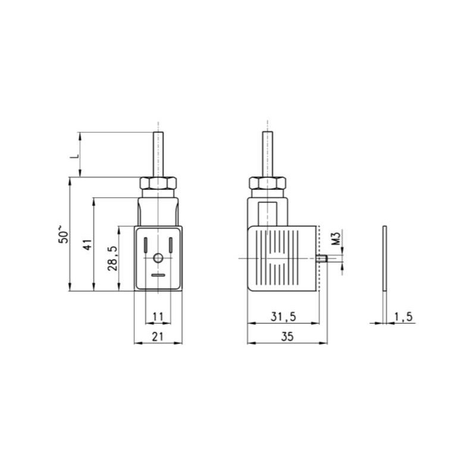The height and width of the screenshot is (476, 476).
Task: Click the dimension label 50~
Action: [x=64, y=234]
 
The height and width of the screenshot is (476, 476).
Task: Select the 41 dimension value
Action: [x=87, y=245]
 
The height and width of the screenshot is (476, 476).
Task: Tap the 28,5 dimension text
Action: [x=112, y=258]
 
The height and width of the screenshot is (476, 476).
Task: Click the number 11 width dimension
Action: [x=158, y=317]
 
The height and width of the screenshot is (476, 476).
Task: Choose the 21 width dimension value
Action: [x=158, y=337]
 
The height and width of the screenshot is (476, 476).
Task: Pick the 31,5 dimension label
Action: [x=283, y=317]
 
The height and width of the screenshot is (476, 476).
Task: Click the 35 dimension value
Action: [x=287, y=337]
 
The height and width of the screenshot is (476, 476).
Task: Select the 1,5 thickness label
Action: [x=403, y=317]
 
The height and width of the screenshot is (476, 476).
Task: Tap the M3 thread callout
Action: [x=336, y=239]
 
